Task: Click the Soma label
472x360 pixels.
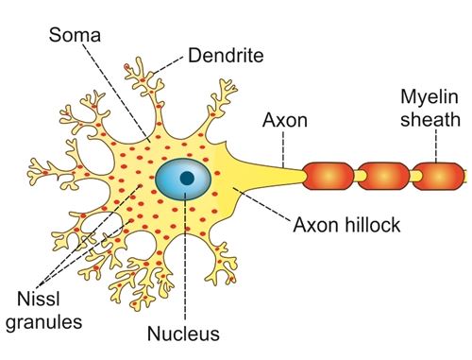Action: click(75, 35)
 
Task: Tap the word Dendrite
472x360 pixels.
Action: click(226, 56)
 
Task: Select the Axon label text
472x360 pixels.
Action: click(285, 120)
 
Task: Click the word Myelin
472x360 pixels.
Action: click(430, 98)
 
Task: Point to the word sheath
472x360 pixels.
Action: click(430, 120)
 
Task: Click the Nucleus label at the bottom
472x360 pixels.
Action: click(183, 334)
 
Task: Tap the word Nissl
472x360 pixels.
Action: click(39, 299)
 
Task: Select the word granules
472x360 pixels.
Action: click(44, 322)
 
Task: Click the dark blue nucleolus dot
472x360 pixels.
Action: click(187, 178)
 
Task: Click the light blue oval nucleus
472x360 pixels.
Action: click(183, 179)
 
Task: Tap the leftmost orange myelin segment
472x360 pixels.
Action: click(329, 176)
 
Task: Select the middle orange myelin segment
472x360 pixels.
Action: click(383, 176)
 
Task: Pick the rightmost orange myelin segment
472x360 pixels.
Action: click(438, 177)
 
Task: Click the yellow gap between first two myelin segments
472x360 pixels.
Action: click(356, 176)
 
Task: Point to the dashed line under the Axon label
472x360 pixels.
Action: click(283, 148)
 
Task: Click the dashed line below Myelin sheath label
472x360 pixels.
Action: click(436, 146)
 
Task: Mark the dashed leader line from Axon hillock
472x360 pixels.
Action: click(261, 204)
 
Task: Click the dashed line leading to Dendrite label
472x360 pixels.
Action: click(167, 65)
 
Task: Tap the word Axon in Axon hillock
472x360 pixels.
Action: click(315, 225)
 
